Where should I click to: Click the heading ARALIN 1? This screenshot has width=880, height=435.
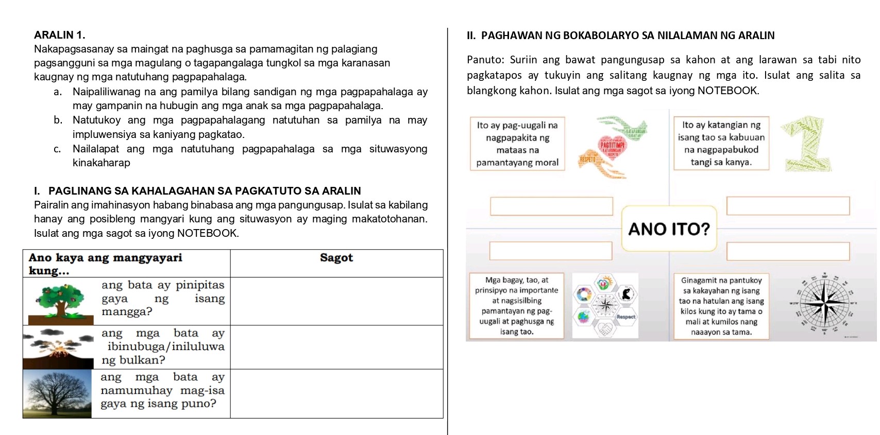point(59,35)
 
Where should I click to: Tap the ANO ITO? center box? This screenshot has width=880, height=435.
point(669,229)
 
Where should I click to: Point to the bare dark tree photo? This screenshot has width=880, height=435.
point(58,394)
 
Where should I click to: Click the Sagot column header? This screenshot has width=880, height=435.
point(336,258)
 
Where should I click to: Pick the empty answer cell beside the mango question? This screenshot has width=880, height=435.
point(336,301)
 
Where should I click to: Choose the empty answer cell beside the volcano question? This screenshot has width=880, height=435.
point(336,347)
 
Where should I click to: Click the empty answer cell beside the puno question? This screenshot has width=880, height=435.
point(336,394)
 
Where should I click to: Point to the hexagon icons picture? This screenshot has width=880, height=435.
point(605,305)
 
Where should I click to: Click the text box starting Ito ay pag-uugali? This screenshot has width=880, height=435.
point(517,144)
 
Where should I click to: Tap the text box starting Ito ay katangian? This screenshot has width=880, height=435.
point(721,143)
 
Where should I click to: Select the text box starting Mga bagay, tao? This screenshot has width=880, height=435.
point(517,306)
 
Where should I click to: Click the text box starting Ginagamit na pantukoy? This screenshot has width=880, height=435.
point(721,306)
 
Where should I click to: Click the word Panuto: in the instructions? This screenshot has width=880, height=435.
point(485,60)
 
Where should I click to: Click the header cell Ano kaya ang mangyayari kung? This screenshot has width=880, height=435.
point(126,264)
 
